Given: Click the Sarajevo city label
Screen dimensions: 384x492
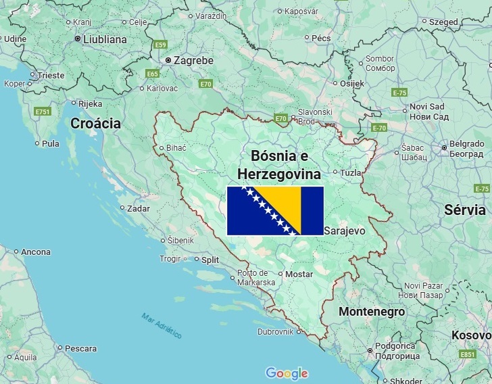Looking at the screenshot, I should pyautogui.click(x=345, y=231).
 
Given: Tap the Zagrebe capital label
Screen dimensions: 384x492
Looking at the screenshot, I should pyautogui.click(x=193, y=60).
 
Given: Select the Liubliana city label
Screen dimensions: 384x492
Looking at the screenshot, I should pyautogui.click(x=105, y=39).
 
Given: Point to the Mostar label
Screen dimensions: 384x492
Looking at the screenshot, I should pyautogui.click(x=299, y=274).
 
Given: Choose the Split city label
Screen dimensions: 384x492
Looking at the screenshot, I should pyautogui.click(x=210, y=259).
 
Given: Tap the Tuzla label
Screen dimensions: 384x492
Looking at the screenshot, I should pyautogui.click(x=351, y=172).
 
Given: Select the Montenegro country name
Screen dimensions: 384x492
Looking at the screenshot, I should pyautogui.click(x=371, y=312).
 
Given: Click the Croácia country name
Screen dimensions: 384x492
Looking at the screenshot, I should pyautogui.click(x=95, y=123).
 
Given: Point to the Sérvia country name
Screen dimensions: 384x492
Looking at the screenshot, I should pyautogui.click(x=465, y=210).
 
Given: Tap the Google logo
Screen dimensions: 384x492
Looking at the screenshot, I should pyautogui.click(x=287, y=373).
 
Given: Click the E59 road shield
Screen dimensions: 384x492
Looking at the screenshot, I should pyautogui.click(x=160, y=45).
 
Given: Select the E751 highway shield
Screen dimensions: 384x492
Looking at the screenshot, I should pyautogui.click(x=43, y=111).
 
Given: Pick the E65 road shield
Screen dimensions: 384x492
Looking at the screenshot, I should pyautogui.click(x=153, y=74).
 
